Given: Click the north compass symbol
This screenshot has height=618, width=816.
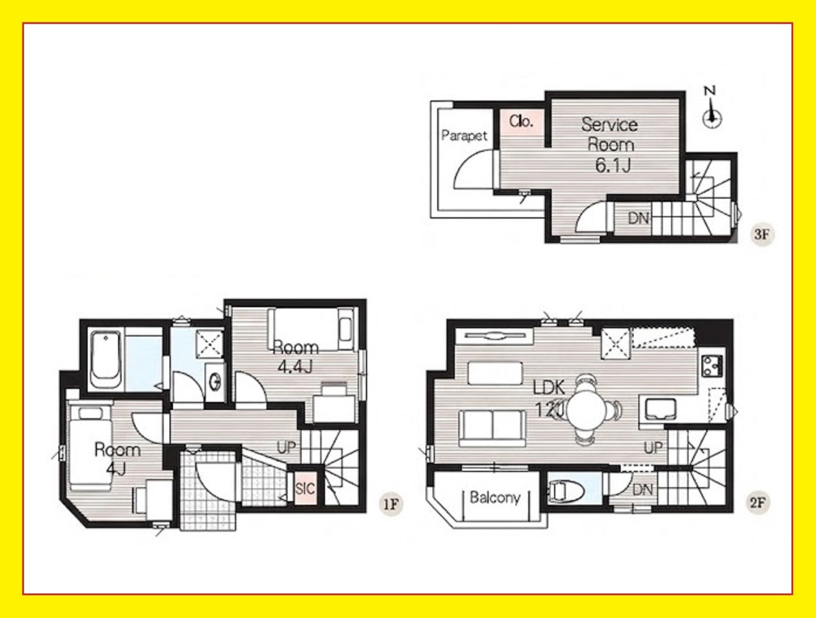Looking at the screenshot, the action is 711,111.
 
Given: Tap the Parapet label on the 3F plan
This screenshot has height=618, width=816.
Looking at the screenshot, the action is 464,136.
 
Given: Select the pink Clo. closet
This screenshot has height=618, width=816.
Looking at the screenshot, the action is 522,122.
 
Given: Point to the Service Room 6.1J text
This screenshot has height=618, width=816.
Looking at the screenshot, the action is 610,145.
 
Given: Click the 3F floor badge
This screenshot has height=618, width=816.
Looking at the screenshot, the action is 761,234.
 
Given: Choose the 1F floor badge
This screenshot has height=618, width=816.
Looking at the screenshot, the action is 391,504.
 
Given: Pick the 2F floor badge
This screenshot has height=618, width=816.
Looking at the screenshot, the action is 759,503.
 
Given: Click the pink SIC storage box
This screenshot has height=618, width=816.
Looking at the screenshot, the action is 305,489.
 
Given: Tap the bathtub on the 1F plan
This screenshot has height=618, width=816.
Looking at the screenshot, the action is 106,360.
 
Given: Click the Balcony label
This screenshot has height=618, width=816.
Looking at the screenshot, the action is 495,497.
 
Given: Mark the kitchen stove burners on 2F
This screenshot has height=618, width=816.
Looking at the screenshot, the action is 711,365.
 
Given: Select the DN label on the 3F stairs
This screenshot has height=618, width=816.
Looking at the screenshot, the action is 638,219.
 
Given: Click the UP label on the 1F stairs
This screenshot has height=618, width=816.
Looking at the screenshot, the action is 286,447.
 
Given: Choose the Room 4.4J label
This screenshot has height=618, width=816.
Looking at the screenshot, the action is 296,357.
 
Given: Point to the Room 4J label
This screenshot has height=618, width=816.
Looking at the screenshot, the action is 117,459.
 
